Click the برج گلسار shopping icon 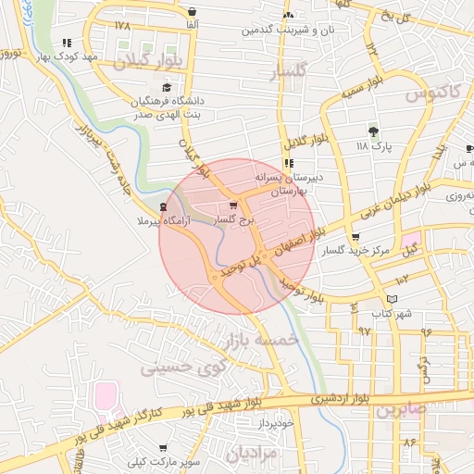pos(232,206)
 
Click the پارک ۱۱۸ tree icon pos(374,131)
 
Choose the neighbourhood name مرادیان pos(251,454)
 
